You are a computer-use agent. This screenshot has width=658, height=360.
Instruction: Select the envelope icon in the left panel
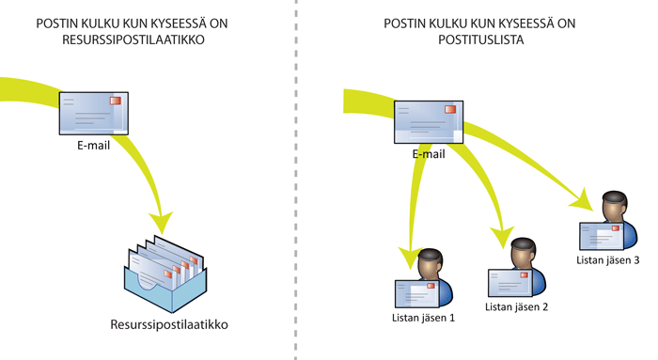tap(91, 116)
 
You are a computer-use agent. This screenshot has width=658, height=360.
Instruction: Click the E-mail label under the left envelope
tap(94, 147)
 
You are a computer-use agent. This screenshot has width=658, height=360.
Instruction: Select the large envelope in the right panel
tap(429, 122)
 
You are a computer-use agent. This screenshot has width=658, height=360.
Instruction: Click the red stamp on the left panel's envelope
tap(116, 100)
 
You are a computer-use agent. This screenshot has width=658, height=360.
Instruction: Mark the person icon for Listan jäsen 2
tap(516, 269)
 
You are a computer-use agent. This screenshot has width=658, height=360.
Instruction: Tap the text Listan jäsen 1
tap(424, 318)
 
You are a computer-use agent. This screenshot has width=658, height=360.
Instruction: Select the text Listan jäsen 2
tap(516, 306)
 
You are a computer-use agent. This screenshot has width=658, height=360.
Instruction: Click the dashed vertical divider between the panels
tap(296, 188)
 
